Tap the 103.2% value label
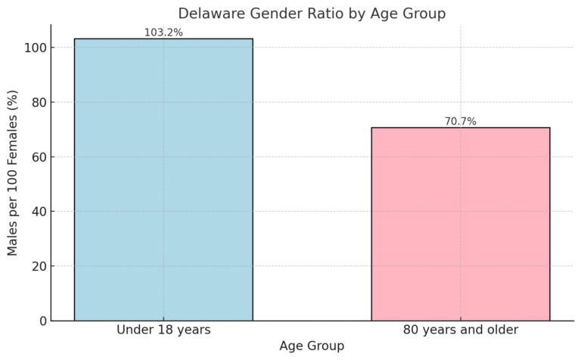(163, 33)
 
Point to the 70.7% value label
(460, 121)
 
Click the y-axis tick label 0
(42, 321)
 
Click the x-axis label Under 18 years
(163, 331)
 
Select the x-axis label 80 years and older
(460, 331)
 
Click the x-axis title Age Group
(312, 346)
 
